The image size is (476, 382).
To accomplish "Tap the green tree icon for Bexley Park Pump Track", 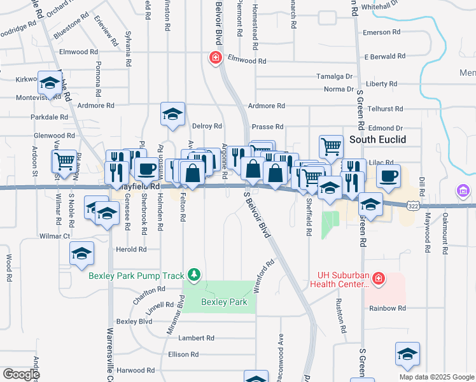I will (x=195, y=275).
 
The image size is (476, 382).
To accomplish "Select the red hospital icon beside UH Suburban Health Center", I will (x=378, y=278).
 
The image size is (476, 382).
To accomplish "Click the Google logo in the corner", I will (x=21, y=374).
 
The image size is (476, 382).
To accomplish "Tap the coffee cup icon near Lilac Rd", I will (x=388, y=175).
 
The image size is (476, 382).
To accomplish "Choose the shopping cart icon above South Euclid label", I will (x=331, y=147).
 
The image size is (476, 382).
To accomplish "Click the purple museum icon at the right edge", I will (x=463, y=191).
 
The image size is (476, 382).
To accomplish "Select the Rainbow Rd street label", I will (x=388, y=308).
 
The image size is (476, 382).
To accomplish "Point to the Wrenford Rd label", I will (x=265, y=275).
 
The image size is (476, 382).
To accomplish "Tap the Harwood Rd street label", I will (x=136, y=370).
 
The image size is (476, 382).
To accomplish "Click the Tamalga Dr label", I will (x=335, y=76).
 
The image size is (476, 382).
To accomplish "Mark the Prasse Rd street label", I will (x=267, y=127).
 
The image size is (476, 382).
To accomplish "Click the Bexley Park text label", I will (x=224, y=302).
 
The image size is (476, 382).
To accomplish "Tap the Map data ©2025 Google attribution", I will (x=436, y=377).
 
